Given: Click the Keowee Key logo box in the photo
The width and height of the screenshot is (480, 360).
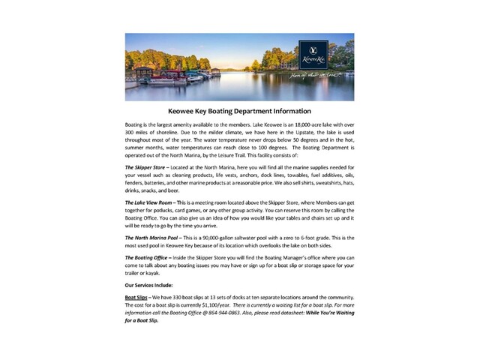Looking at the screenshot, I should [313, 54].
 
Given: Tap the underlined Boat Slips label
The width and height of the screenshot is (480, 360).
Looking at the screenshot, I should [136, 298].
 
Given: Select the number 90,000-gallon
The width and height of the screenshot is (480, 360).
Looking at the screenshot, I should [215, 237].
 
